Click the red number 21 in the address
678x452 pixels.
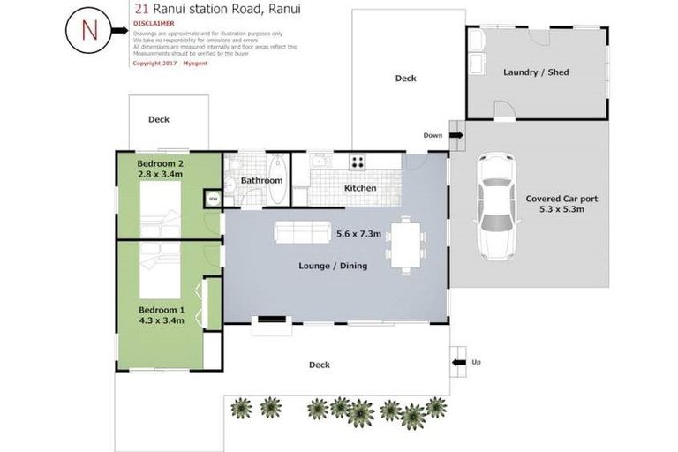point(139,10)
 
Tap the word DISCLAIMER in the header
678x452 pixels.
point(153,24)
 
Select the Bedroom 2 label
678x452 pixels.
point(160,163)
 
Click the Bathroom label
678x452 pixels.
point(261,181)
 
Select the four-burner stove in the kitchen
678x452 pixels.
point(358,162)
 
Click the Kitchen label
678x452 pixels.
point(360,188)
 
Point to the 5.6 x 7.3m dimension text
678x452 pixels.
point(358,234)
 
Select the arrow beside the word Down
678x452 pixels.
point(456,135)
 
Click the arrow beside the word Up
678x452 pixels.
point(457,361)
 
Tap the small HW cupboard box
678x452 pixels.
point(213,200)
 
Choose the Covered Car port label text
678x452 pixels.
point(561,199)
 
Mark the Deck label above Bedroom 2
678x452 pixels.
point(159,119)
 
